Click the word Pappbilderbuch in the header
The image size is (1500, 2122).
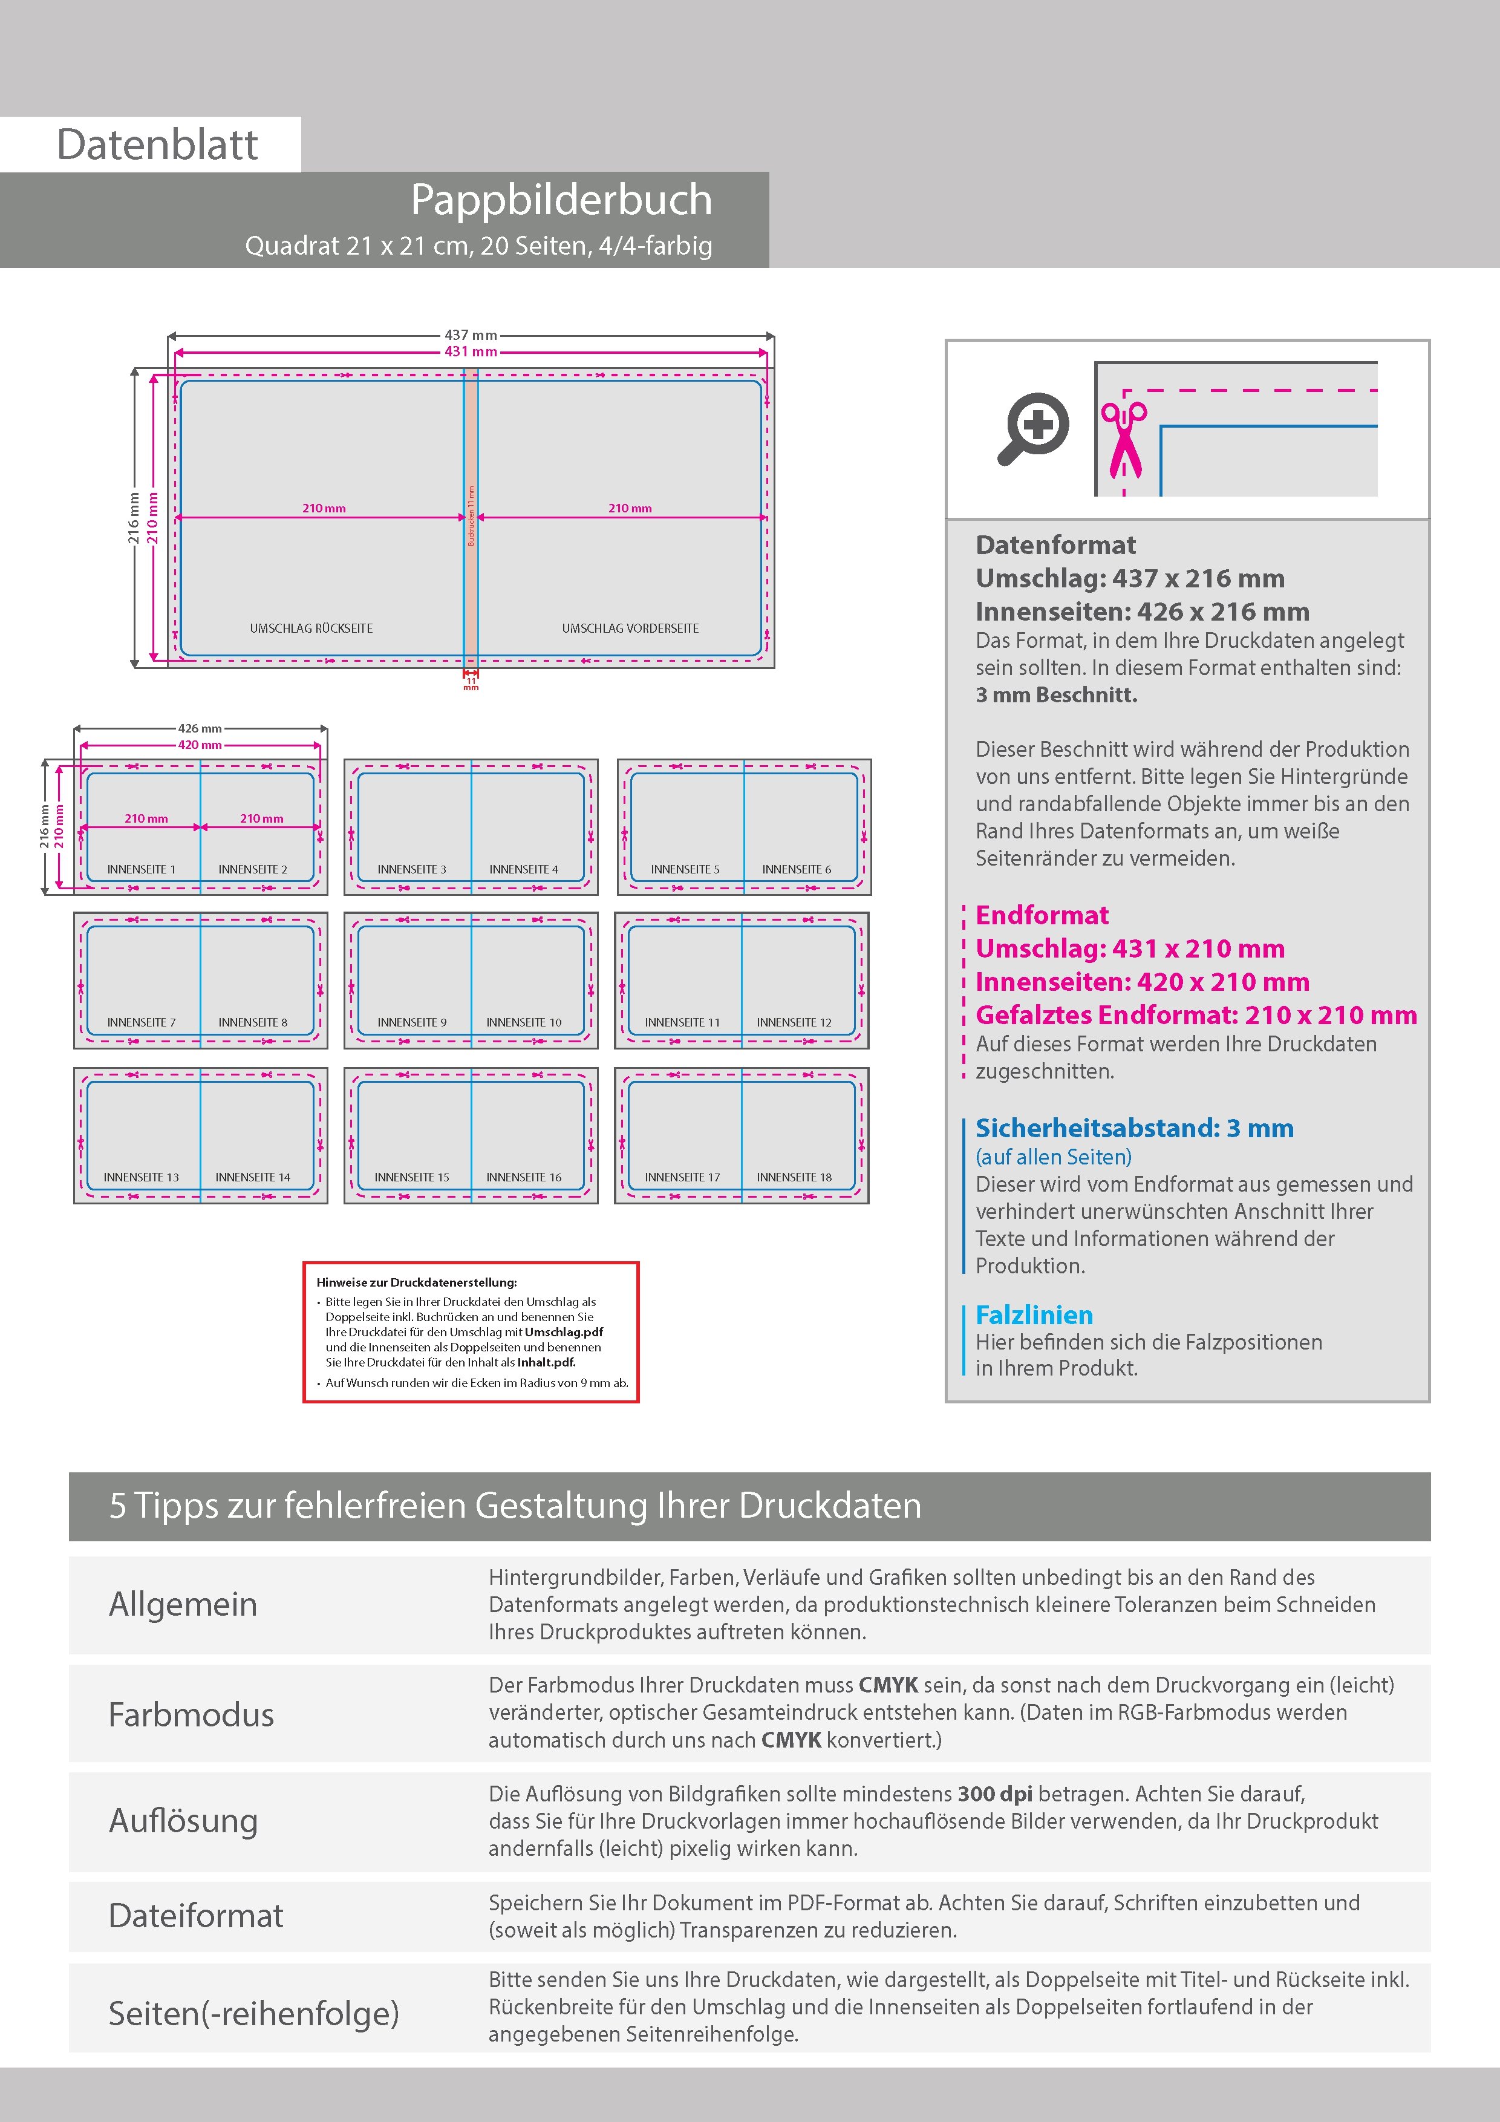561,200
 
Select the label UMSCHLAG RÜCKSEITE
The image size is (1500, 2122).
311,628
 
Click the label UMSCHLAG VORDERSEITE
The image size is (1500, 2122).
630,628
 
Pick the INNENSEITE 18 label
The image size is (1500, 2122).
794,1178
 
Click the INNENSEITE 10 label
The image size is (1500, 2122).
524,1022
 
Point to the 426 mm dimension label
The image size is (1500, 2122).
200,728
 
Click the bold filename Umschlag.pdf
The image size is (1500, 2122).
564,1332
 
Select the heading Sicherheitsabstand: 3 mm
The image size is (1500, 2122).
1134,1129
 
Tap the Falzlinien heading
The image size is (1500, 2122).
1034,1315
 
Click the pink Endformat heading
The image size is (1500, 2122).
1042,915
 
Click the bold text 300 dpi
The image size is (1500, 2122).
994,1794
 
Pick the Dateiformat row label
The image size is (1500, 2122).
196,1916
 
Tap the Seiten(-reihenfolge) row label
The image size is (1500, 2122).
253,2013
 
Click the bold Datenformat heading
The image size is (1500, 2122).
1055,545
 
